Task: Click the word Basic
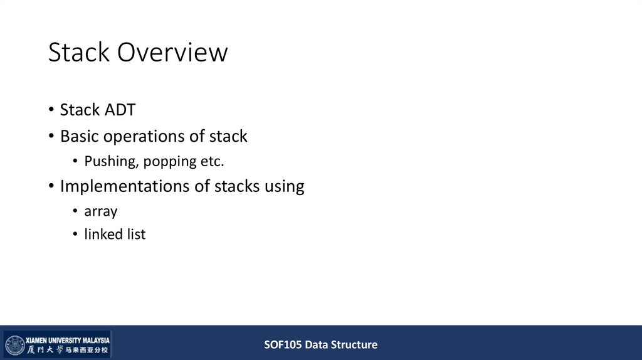[x=79, y=136]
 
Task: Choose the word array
[x=101, y=211]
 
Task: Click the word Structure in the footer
[x=355, y=344]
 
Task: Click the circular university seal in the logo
[x=15, y=345]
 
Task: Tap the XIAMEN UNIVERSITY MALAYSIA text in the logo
[x=67, y=339]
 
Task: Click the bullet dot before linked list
[x=75, y=235]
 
